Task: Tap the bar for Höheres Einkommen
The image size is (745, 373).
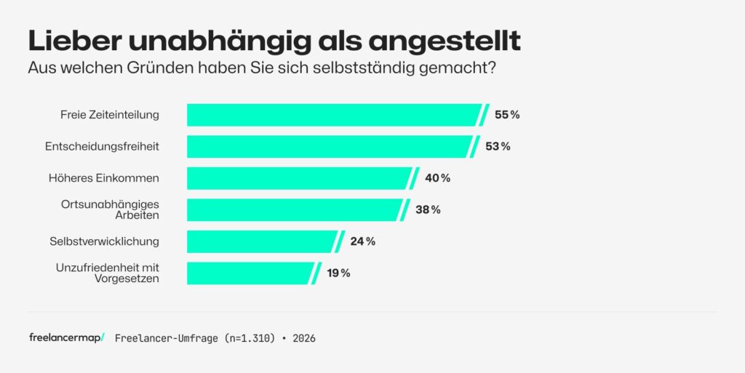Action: (299, 178)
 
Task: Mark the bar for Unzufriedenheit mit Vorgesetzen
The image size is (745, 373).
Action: (250, 273)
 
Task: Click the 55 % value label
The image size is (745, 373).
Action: (507, 115)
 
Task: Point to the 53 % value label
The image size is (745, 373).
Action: (498, 146)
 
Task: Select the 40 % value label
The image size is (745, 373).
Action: (437, 178)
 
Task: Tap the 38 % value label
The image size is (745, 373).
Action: (428, 209)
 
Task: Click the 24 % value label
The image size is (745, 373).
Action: (362, 241)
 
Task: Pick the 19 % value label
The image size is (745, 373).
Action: (338, 273)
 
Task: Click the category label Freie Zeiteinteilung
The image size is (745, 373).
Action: (109, 115)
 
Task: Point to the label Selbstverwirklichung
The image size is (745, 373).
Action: (104, 241)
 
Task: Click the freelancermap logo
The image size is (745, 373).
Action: (66, 338)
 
